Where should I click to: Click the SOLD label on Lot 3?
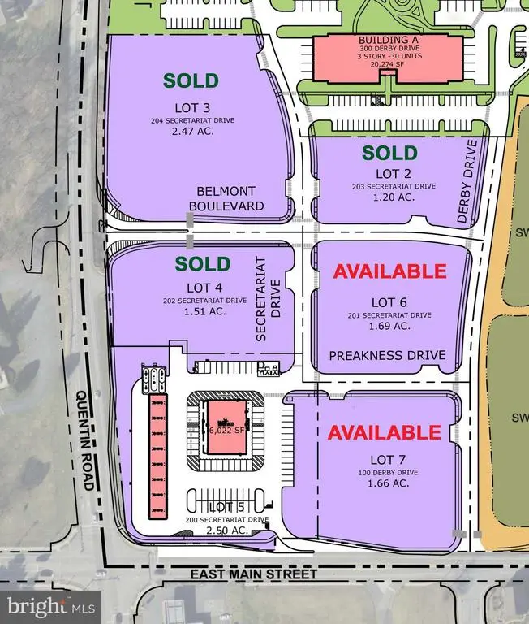[191, 80]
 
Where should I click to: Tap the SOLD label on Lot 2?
[389, 153]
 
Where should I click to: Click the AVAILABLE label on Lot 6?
[391, 271]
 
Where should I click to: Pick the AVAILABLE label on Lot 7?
[384, 432]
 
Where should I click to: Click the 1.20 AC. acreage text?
[389, 197]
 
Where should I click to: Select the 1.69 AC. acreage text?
[389, 327]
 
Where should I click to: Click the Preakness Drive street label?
[388, 355]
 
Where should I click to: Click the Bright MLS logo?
[51, 605]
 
